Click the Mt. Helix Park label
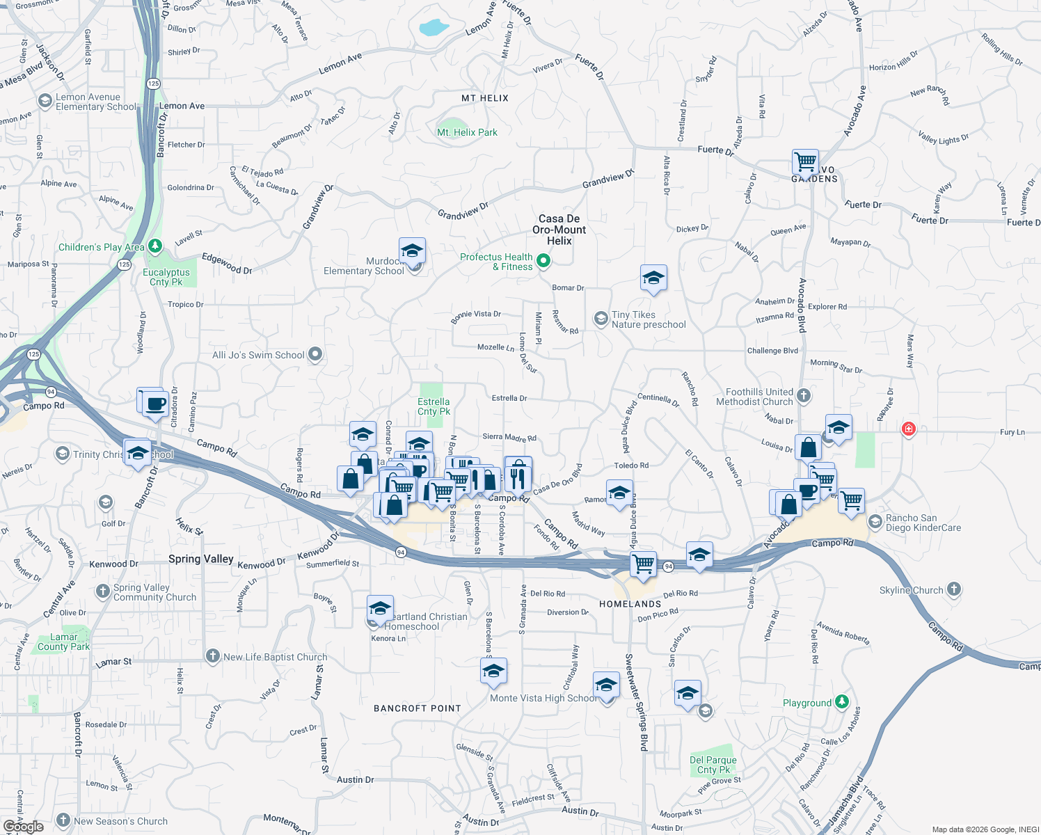point(467,132)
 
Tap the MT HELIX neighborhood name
point(485,98)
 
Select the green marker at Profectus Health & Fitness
point(544,261)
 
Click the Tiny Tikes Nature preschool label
point(649,319)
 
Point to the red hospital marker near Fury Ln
point(908,429)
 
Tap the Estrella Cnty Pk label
point(434,406)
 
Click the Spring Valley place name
point(200,559)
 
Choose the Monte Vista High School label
point(543,698)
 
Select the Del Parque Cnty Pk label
point(713,765)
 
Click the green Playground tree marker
point(842,701)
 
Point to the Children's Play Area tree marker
point(155,246)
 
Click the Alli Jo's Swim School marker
point(315,354)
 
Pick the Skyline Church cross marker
point(953,589)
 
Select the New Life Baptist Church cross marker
point(212,656)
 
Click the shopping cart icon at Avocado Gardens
point(805,162)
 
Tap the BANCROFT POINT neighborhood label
point(418,708)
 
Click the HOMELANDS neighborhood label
point(630,604)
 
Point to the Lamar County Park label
point(64,642)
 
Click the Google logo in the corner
point(23,826)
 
